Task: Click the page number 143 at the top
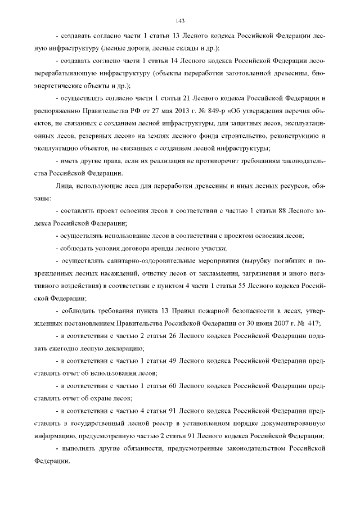tap(180, 21)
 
